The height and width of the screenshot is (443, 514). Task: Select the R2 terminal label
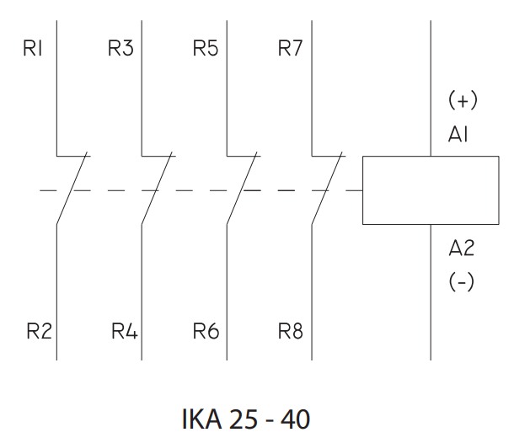[x=37, y=331]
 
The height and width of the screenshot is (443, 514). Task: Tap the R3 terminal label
[x=120, y=49]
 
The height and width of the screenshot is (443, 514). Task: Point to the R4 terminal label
[x=124, y=331]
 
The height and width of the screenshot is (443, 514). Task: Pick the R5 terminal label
[x=205, y=49]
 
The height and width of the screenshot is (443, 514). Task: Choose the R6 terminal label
[x=206, y=331]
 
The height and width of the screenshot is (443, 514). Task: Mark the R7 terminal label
[x=290, y=49]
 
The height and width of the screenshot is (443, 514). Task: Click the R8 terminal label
[x=290, y=331]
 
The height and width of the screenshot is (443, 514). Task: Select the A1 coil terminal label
[x=460, y=136]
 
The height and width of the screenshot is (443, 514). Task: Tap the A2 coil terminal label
[x=461, y=248]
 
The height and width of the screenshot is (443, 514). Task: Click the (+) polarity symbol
[x=462, y=101]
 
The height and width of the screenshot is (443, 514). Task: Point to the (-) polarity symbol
[x=461, y=282]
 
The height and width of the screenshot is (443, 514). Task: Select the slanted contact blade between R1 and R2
[x=72, y=189]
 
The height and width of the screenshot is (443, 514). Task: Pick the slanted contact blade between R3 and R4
[x=157, y=189]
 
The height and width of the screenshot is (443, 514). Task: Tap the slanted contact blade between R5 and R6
[x=242, y=189]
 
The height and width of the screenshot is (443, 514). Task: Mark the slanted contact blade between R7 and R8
[x=327, y=189]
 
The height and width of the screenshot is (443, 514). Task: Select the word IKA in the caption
[x=200, y=419]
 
